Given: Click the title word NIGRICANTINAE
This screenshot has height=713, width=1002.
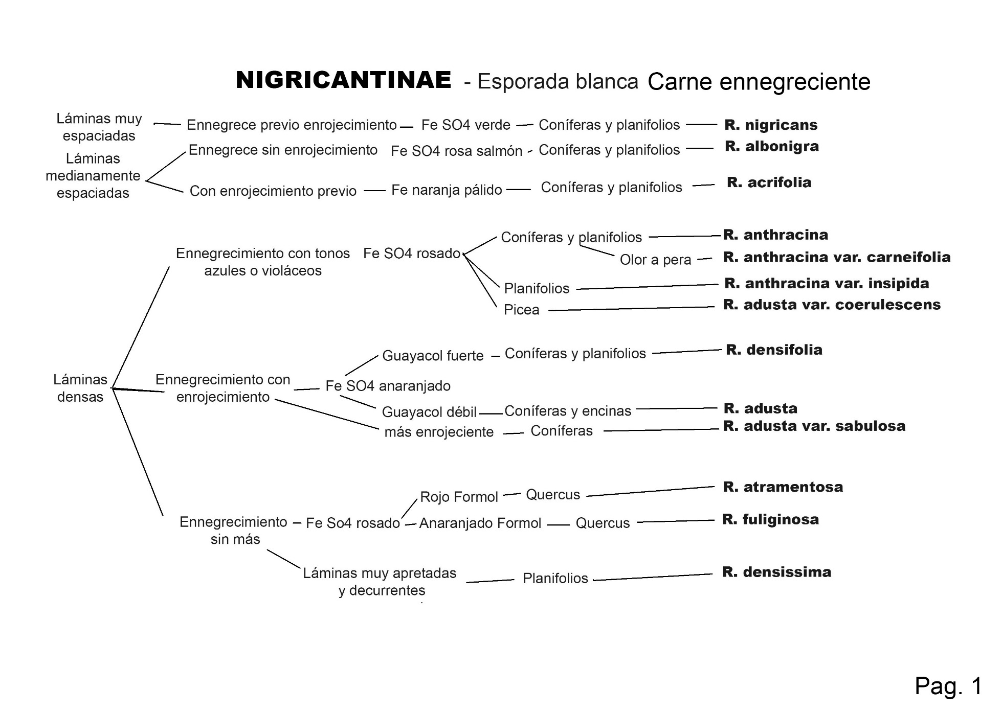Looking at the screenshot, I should [343, 80].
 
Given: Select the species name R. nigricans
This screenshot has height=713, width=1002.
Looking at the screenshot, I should [771, 125].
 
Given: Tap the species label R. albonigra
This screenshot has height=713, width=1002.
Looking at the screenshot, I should [772, 146].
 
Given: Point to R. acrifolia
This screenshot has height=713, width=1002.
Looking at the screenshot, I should [769, 182].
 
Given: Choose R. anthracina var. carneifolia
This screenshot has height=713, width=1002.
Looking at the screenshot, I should [837, 257].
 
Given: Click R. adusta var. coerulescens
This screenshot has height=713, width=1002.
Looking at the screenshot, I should [832, 305].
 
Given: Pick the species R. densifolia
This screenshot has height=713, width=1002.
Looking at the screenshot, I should [774, 350].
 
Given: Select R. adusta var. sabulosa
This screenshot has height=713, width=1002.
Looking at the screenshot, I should [814, 426].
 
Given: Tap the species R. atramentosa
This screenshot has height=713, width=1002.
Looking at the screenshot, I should [783, 487].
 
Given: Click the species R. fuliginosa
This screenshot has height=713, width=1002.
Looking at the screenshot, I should [770, 519].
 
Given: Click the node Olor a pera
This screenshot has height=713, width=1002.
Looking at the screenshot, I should [655, 260].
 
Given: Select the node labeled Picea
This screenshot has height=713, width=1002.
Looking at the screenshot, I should [521, 310].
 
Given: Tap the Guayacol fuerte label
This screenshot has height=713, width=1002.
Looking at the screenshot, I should [433, 356].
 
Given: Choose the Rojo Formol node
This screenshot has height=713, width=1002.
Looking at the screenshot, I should [459, 497].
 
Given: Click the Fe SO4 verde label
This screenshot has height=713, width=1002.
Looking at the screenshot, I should [465, 125].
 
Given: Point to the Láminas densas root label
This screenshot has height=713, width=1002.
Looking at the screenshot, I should [80, 388].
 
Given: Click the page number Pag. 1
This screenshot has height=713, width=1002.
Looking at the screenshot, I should [948, 685].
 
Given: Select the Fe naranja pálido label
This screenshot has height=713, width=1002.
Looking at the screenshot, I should [447, 190].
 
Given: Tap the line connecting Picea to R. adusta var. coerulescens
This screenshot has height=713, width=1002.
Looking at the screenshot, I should [631, 309].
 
